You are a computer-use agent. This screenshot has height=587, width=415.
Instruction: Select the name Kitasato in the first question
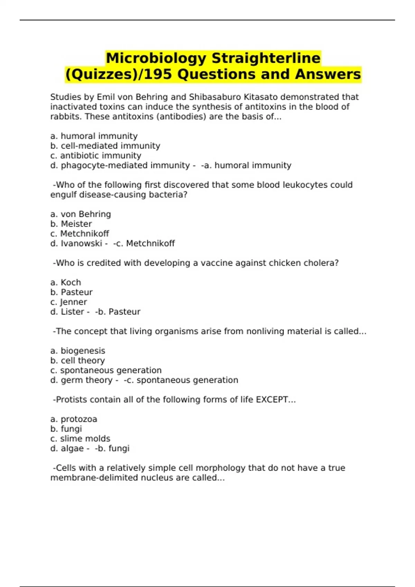click(259, 97)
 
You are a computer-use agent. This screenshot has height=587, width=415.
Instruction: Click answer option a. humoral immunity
click(94, 136)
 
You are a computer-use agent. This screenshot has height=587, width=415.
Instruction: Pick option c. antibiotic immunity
click(95, 156)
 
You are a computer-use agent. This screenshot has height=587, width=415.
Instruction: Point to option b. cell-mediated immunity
click(105, 146)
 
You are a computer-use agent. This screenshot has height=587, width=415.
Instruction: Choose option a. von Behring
click(81, 214)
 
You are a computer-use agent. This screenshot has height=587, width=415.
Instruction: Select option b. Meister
click(71, 224)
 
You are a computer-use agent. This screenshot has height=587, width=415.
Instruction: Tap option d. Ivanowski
click(76, 243)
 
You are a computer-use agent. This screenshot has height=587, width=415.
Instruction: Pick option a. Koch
click(65, 282)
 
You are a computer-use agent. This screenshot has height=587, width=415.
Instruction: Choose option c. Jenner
click(68, 302)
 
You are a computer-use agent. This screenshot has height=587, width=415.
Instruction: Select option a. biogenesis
click(77, 351)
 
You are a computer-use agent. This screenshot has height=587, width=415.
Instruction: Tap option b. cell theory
click(77, 360)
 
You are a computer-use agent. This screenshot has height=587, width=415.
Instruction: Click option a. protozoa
click(74, 419)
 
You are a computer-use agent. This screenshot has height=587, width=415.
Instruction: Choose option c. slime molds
click(80, 439)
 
